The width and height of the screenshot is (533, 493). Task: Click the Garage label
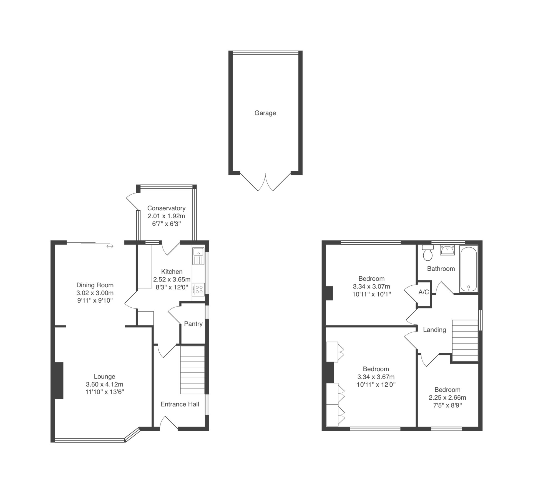coord(265,113)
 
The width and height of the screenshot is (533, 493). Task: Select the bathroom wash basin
coord(447,250)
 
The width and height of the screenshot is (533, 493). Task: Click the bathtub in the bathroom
coord(469,269)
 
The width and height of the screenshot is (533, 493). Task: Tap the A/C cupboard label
coord(424,292)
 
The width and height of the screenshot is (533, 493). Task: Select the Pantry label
coord(193,324)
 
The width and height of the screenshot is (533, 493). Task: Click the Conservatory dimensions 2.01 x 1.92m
coord(166,216)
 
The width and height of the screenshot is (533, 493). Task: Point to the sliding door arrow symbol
coord(110,246)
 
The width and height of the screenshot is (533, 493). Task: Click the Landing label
coord(434,330)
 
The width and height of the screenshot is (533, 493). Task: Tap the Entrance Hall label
coord(180,404)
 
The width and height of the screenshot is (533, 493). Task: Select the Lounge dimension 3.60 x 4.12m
coord(104,384)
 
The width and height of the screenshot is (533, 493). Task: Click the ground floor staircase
coord(193,370)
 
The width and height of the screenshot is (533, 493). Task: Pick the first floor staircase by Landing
coord(465,340)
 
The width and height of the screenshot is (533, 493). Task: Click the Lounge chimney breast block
coord(59,380)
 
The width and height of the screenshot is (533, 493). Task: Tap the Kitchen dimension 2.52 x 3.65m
coord(172,279)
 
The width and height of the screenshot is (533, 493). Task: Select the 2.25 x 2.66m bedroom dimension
coord(447,397)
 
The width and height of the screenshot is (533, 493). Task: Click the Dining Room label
coord(95,285)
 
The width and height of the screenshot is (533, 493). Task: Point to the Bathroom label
coord(441,269)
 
